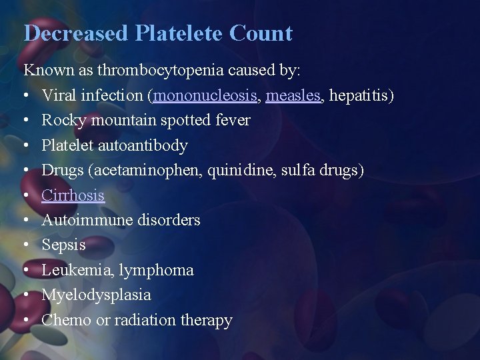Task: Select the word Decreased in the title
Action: click(74, 33)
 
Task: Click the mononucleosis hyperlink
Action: click(205, 95)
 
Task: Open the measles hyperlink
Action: click(294, 95)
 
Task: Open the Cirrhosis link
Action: click(73, 195)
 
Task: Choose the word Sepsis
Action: click(64, 245)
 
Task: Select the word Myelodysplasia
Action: click(97, 295)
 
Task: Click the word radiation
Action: click(145, 320)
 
